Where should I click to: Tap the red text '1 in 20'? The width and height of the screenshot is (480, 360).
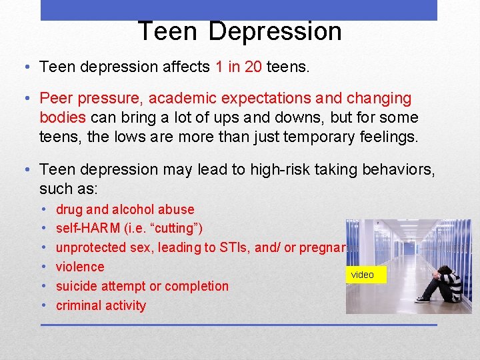[238, 67]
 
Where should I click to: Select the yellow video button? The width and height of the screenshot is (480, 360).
[363, 275]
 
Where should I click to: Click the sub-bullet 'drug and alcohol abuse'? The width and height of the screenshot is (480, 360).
[125, 209]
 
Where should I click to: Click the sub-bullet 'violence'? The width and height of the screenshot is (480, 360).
[80, 267]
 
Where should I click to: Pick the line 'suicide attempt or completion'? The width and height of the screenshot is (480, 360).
[142, 286]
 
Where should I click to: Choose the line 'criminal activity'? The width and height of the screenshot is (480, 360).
[101, 305]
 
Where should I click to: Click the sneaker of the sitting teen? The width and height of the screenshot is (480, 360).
[423, 299]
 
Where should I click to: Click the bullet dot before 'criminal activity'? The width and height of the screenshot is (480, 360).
[45, 305]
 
